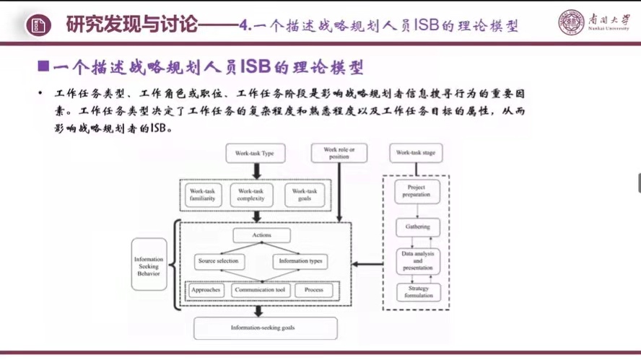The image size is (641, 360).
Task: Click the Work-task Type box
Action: pos(255,153)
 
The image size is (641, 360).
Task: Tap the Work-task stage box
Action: pos(416,153)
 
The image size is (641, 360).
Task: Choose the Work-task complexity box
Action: pos(251,195)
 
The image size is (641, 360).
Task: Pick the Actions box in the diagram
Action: pos(261,235)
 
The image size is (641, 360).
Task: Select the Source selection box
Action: pos(219,261)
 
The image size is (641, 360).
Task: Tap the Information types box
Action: pos(300,261)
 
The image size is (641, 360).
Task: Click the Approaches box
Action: pos(205,290)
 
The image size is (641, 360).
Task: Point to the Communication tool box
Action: pos(260,290)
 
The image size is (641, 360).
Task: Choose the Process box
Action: pos(313,290)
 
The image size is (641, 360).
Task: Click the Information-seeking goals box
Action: pos(265,328)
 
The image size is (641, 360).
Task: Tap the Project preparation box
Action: pos(417,191)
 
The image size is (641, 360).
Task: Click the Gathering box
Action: pos(417,227)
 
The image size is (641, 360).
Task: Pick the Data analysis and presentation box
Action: pos(417,260)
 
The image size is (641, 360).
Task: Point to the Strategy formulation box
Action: pos(417,292)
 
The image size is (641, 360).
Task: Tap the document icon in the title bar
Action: pos(38,26)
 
